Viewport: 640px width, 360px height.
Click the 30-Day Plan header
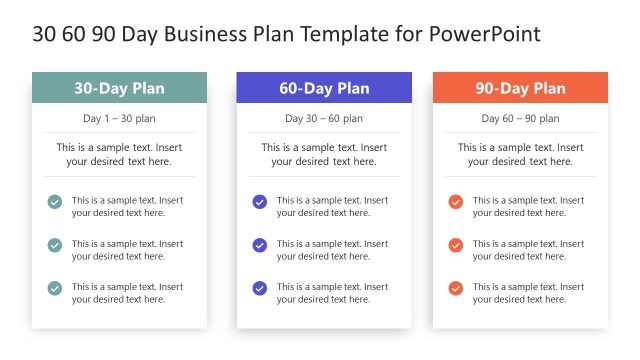[x=119, y=88]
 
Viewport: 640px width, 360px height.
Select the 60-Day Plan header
[x=324, y=88]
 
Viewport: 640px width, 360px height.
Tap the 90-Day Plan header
[x=520, y=88]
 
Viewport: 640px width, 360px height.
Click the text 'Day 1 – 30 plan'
[x=119, y=118]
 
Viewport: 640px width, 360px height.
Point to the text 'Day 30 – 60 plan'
[x=324, y=118]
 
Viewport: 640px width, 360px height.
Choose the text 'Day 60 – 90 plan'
[x=520, y=118]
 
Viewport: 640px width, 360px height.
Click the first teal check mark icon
[x=55, y=202]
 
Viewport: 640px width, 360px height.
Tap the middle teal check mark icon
[x=55, y=245]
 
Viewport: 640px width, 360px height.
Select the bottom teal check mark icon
[x=55, y=288]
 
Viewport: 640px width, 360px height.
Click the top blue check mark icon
[x=260, y=202]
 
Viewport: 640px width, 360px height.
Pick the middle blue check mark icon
[x=260, y=245]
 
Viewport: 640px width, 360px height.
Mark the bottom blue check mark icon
[x=260, y=288]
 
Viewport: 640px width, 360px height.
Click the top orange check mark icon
[x=456, y=202]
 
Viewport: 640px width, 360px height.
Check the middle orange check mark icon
[x=456, y=245]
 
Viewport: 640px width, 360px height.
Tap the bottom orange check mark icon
[x=456, y=288]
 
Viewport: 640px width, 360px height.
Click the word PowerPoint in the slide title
[x=484, y=34]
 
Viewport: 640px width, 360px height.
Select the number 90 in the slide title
[x=101, y=34]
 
